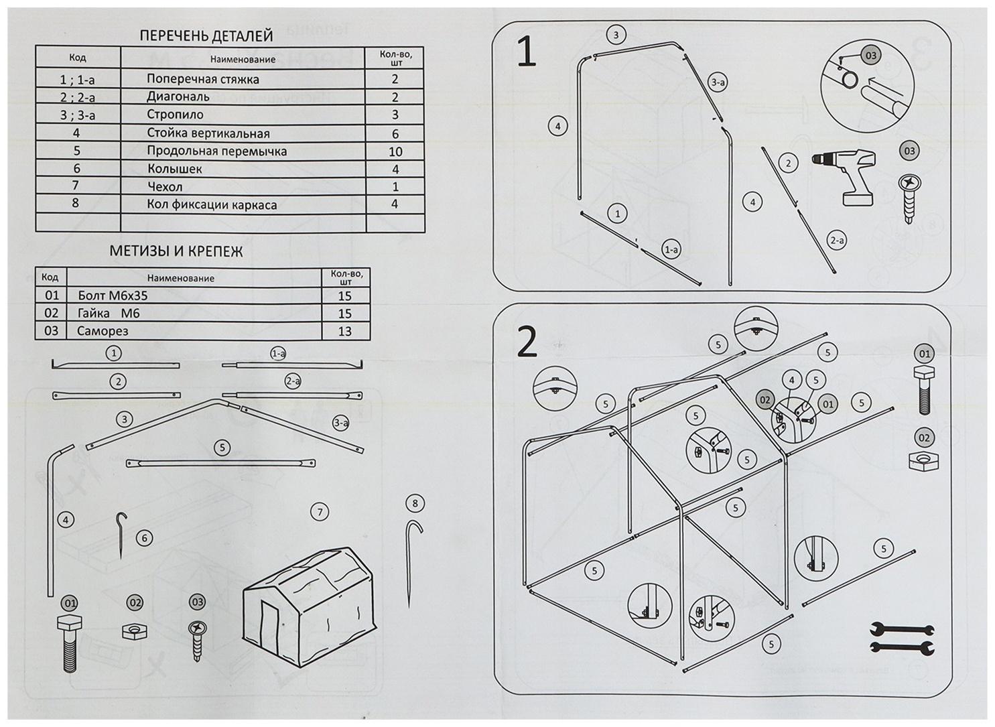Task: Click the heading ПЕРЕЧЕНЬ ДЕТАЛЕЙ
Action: click(206, 36)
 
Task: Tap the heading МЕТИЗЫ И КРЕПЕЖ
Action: click(176, 252)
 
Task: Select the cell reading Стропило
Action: click(175, 115)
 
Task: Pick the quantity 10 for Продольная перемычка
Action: click(395, 151)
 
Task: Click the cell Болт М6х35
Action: click(113, 295)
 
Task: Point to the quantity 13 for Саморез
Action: click(345, 331)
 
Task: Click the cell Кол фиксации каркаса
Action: click(212, 204)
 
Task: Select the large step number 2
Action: click(527, 342)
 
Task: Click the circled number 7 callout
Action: click(320, 513)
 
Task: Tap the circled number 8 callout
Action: click(415, 503)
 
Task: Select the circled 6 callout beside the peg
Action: click(144, 537)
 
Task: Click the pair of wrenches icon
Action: click(902, 638)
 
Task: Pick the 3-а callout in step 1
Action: click(718, 82)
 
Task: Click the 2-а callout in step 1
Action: click(837, 240)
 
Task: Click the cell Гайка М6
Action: click(109, 313)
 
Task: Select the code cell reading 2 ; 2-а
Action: click(78, 97)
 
